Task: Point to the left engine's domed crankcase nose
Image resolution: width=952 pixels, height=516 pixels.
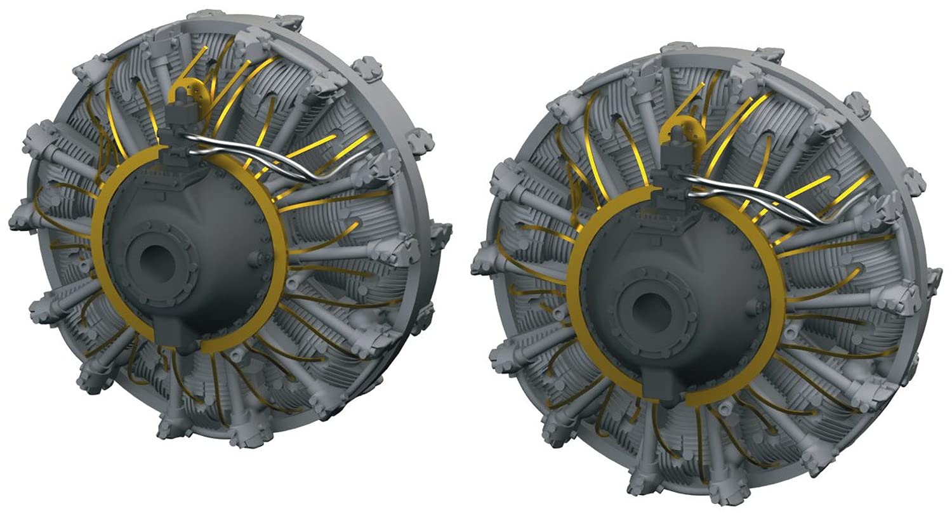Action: point(190,241)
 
